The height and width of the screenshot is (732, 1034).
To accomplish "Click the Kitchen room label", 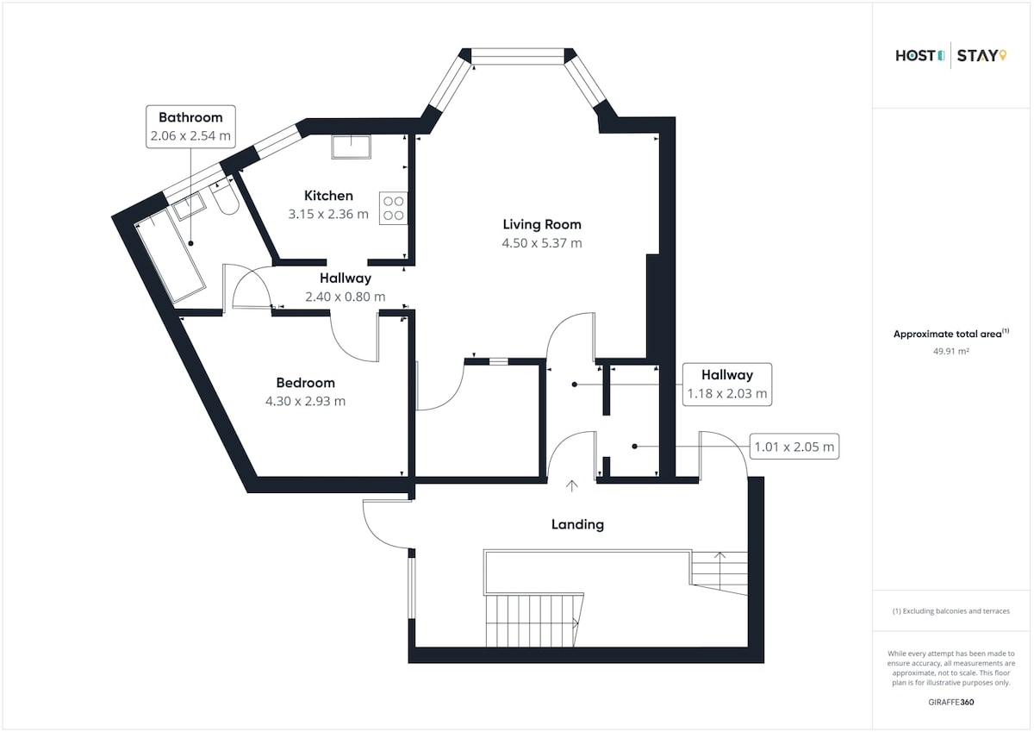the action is click(328, 196).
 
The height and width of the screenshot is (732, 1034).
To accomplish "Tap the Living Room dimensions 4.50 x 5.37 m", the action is click(542, 243).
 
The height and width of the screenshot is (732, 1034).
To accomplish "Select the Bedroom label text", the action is click(305, 383).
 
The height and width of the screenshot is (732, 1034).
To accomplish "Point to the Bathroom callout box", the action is click(190, 127).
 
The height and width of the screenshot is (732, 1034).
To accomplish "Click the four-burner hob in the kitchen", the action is click(393, 209).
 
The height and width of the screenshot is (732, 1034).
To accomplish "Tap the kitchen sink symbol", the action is click(351, 147).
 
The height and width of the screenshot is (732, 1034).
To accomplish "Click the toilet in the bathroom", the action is click(225, 199).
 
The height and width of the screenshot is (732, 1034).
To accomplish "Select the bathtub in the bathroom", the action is click(171, 261).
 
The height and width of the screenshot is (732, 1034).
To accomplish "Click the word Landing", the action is click(577, 524).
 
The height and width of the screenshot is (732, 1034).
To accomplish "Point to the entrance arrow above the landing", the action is click(572, 486).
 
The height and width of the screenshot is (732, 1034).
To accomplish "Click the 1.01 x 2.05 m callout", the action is click(794, 447).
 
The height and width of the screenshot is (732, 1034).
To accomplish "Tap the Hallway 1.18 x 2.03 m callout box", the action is click(727, 385).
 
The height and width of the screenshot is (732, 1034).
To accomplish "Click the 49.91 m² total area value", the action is click(951, 351).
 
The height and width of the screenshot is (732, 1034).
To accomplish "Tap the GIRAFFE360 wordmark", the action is click(951, 702).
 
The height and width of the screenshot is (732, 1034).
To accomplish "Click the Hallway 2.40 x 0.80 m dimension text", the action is click(346, 297).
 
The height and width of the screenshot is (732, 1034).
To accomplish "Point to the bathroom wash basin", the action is click(190, 206).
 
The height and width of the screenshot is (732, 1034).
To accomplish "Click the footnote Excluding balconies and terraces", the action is click(951, 611).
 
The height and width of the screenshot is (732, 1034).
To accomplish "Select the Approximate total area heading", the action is click(951, 334).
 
